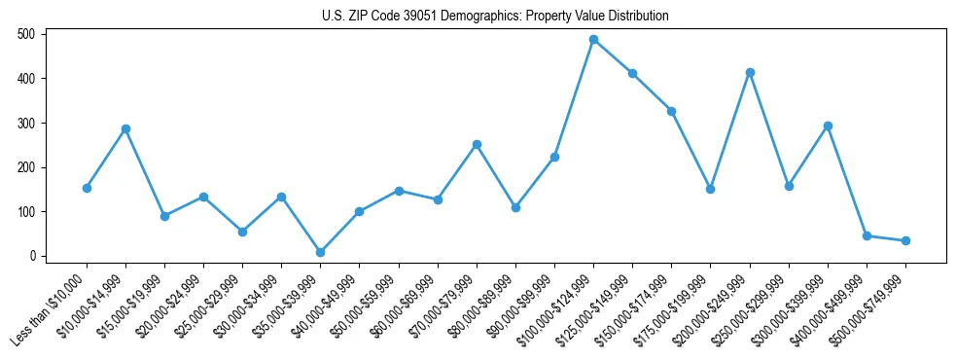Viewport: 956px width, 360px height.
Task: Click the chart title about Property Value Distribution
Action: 495,17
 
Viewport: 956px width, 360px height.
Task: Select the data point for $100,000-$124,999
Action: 593,40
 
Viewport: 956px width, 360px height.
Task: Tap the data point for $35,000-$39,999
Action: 320,252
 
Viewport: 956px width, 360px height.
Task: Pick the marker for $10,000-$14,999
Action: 125,128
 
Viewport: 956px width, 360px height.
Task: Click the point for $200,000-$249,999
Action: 750,72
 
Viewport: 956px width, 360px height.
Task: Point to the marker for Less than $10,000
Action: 87,188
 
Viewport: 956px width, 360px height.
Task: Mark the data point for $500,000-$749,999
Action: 905,240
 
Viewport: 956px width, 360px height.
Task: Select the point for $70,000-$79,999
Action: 477,144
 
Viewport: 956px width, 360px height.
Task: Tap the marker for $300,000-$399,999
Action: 828,126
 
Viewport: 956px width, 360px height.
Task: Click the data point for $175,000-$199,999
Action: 711,189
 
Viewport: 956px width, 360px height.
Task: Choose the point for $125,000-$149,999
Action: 632,73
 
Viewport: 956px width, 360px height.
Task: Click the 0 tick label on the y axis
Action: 33,256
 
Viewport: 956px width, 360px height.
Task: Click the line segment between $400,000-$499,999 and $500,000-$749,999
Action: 886,238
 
